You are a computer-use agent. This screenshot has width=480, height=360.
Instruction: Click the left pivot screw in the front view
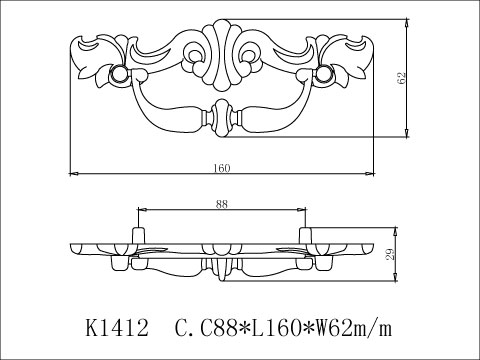(x=119, y=75)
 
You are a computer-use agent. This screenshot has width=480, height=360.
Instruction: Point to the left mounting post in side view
(x=137, y=236)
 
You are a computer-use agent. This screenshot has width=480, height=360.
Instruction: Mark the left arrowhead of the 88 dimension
(x=139, y=210)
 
